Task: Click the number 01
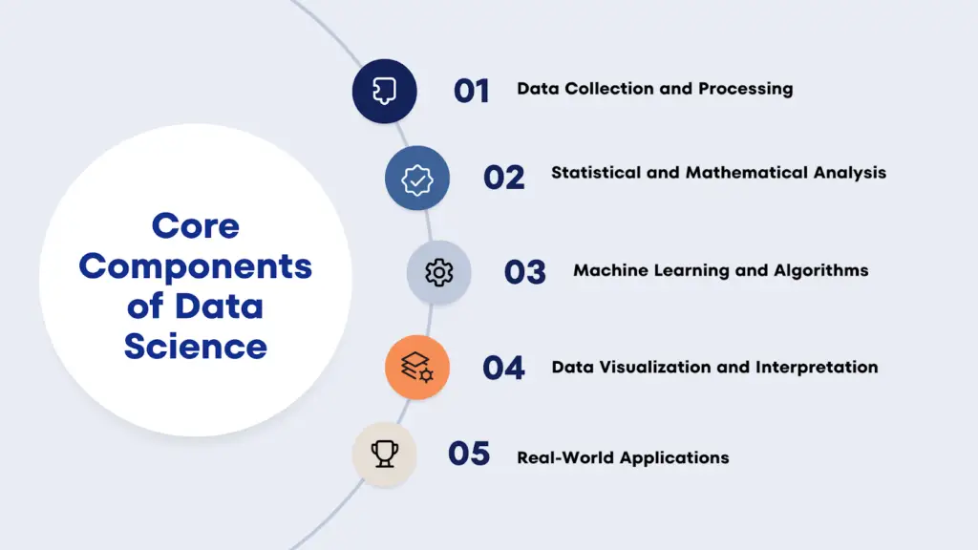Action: tap(471, 91)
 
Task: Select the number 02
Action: tap(503, 177)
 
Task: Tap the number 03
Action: tap(524, 272)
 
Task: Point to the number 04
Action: tap(503, 368)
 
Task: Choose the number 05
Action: tap(469, 454)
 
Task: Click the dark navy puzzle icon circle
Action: tap(384, 91)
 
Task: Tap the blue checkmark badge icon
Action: tap(416, 178)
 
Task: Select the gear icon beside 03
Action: tap(438, 272)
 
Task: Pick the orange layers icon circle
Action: tap(416, 368)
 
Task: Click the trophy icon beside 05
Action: tap(384, 454)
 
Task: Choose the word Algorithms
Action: tap(820, 271)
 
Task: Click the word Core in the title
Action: tap(195, 226)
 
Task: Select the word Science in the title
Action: tap(195, 346)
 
